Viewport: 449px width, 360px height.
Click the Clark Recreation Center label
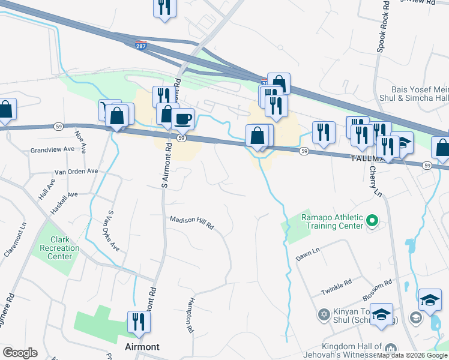click(60, 248)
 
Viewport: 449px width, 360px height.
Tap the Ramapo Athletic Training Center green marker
click(372, 222)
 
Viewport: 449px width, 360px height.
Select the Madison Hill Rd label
click(192, 223)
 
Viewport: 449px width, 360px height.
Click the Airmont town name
click(142, 347)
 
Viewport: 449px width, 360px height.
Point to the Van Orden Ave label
click(76, 171)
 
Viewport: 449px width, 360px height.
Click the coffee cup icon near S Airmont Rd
click(182, 118)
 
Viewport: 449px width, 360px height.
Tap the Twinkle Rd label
click(336, 289)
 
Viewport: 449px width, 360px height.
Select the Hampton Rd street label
click(190, 315)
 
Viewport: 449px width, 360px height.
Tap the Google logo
click(20, 353)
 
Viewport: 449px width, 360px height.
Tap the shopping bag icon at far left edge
click(5, 110)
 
